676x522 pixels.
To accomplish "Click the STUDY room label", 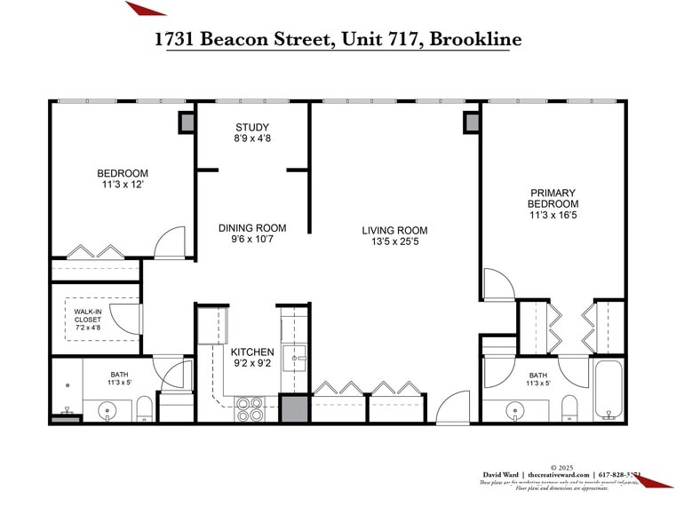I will coord(252,127).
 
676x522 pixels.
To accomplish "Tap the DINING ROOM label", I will coord(252,228).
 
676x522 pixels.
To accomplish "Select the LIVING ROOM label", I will coord(395,231).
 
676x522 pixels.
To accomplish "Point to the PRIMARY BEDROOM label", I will coord(553,198).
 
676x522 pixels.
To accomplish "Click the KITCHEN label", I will coord(252,352).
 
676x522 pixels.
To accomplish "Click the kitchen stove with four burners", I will coord(250,407).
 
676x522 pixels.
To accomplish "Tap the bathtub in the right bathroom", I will coord(608,391).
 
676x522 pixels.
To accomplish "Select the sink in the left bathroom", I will coord(106,410).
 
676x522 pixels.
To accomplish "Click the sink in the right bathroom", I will coord(515,411).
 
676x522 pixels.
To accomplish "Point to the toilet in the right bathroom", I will coord(569,409).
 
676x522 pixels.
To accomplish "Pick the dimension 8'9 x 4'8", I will coord(252,138).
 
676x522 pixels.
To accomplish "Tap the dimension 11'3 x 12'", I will coord(123,185).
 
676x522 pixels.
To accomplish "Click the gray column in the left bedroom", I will coord(187,123).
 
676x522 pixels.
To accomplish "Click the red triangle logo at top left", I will coord(144,8).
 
